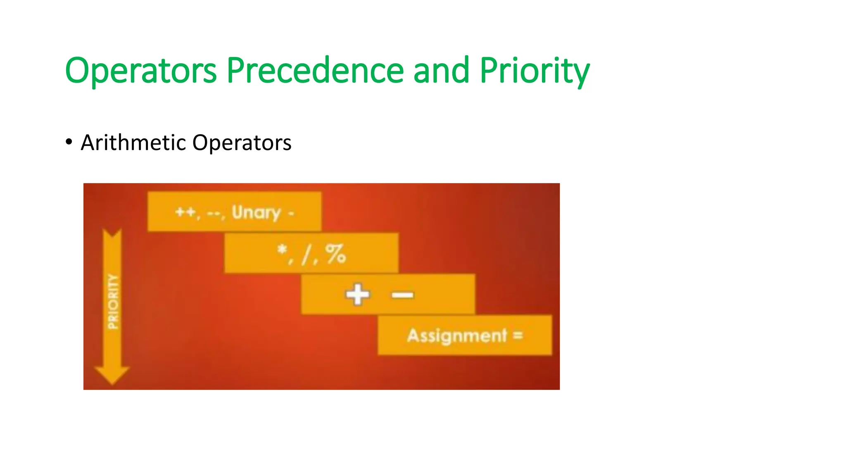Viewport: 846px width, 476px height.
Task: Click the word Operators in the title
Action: click(140, 71)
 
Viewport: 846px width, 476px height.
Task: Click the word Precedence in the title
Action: click(315, 71)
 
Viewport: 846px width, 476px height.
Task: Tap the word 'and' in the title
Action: click(441, 71)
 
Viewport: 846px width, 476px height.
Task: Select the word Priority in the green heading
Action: click(534, 71)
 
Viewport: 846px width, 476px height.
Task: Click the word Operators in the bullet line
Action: click(242, 143)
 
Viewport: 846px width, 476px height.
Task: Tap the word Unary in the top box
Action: click(256, 212)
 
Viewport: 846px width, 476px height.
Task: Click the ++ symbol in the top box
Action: click(185, 212)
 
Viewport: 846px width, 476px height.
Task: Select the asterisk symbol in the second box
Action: click(282, 250)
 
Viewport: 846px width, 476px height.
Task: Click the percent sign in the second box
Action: click(335, 254)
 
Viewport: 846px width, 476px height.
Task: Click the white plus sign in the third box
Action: click(357, 294)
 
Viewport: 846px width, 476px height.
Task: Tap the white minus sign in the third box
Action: click(402, 295)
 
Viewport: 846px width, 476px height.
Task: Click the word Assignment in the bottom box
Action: click(456, 336)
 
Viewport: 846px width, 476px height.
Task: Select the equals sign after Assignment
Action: click(518, 335)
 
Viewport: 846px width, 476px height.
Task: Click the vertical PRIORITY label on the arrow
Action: click(113, 301)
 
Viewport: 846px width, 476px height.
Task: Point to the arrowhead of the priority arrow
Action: click(112, 374)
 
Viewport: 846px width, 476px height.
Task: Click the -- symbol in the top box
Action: click(214, 214)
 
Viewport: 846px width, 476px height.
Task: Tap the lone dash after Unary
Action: click(291, 214)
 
